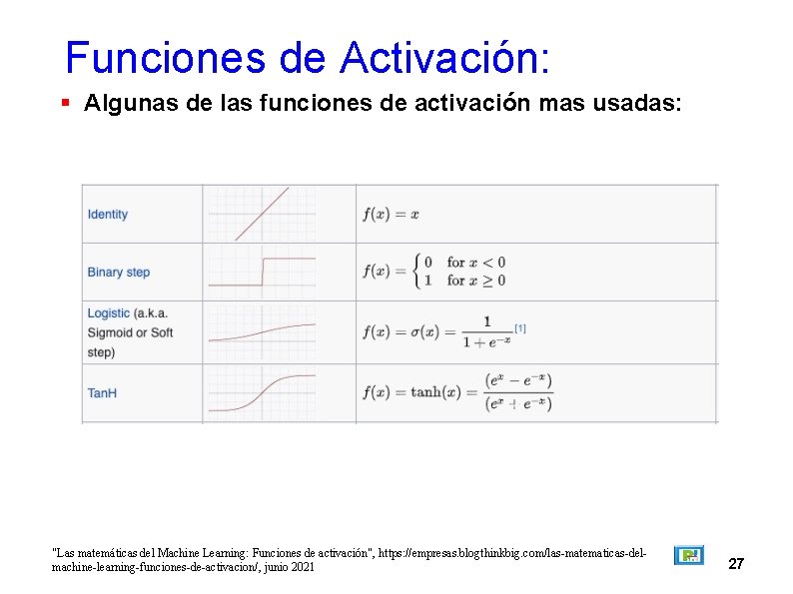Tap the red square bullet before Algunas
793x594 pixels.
coord(64,102)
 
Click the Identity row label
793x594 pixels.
coord(108,214)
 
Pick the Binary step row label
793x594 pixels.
coord(119,272)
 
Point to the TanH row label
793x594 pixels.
coord(102,393)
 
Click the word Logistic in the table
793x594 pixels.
coord(109,313)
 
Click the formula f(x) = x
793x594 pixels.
coord(391,214)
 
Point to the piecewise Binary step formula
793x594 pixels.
coord(434,272)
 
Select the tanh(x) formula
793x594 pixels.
coord(457,392)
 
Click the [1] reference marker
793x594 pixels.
coord(520,327)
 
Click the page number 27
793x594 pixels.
coord(736,564)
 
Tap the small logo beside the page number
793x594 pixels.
coord(688,555)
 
